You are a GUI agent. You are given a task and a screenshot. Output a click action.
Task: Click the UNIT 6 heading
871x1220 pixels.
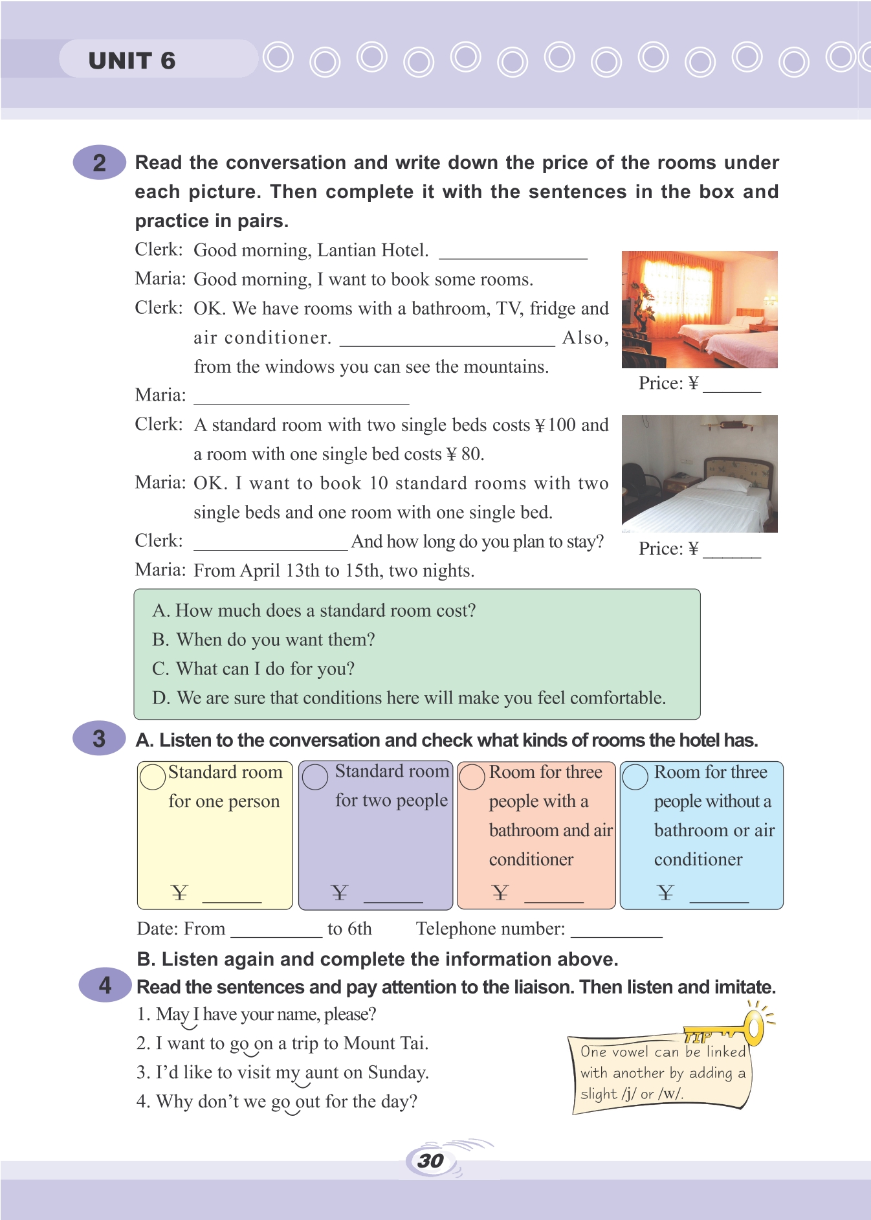(132, 61)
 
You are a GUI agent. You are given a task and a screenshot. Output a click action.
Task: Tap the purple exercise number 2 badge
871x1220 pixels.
(99, 162)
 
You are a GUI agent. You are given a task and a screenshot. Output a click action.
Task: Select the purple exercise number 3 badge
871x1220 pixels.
(99, 738)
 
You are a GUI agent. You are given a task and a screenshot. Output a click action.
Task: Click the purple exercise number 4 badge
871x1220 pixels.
(105, 985)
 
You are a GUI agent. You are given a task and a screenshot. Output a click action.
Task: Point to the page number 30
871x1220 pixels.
(430, 1160)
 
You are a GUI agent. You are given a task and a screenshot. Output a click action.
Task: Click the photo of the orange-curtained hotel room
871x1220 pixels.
(700, 309)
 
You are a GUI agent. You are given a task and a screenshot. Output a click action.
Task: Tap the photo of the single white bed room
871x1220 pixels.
(700, 473)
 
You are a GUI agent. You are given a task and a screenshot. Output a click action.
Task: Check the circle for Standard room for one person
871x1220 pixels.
(153, 777)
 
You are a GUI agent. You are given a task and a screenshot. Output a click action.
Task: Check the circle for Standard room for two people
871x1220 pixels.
(315, 777)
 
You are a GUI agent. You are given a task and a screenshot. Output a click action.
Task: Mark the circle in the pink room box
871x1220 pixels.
(472, 777)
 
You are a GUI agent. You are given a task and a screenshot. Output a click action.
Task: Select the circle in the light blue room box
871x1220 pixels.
(635, 777)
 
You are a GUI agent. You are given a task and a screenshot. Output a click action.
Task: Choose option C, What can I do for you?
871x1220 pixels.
(254, 669)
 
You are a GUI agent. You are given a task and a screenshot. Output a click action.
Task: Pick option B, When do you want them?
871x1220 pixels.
(263, 639)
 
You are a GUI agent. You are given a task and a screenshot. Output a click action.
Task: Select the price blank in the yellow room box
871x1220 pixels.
(232, 896)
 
